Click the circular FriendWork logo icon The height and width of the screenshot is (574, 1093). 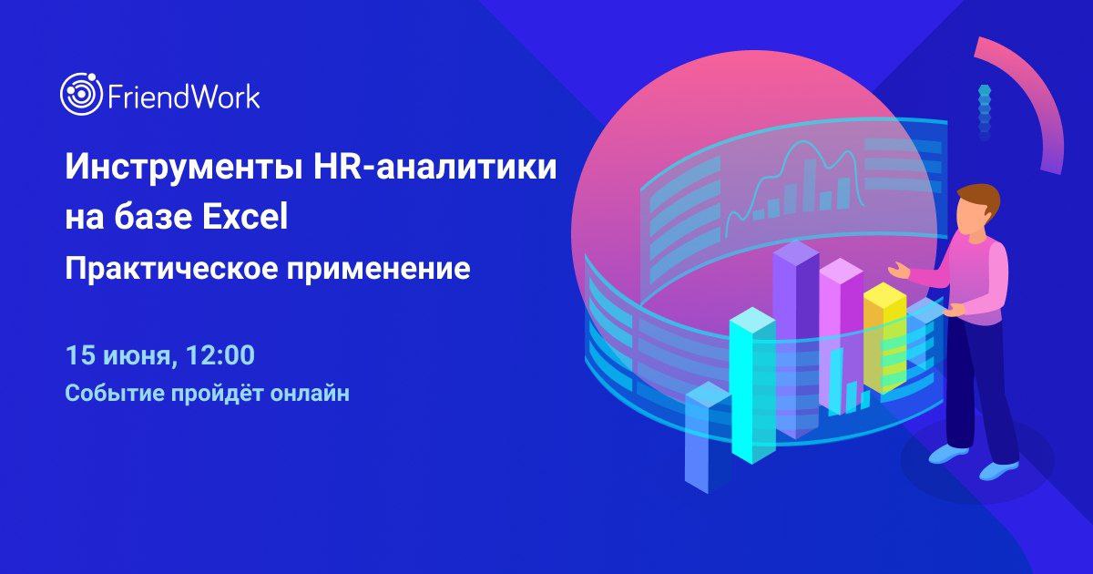pyautogui.click(x=81, y=94)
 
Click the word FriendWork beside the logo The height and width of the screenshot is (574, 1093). pyautogui.click(x=183, y=97)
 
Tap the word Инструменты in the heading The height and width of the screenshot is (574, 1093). pyautogui.click(x=182, y=168)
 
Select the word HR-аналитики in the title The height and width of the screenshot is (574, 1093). pyautogui.click(x=434, y=166)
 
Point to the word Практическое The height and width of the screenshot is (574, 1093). pyautogui.click(x=171, y=270)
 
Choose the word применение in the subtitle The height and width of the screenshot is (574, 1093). pyautogui.click(x=379, y=270)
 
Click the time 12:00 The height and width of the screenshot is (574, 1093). pyautogui.click(x=220, y=354)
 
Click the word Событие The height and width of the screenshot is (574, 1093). pyautogui.click(x=115, y=393)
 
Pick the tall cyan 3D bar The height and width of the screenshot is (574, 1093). pyautogui.click(x=752, y=385)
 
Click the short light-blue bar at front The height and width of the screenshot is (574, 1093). pyautogui.click(x=708, y=436)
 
